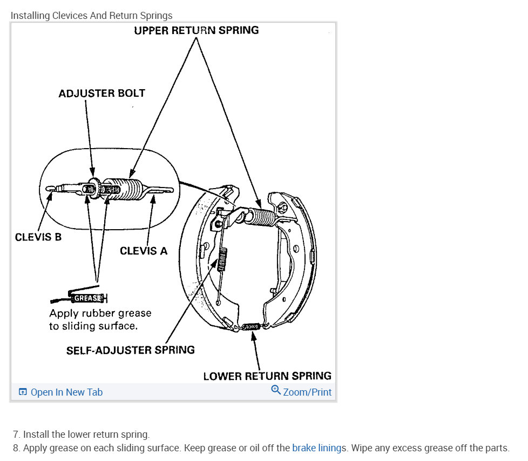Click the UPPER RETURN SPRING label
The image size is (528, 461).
[x=196, y=30]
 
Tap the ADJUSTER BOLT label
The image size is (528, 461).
[x=101, y=93]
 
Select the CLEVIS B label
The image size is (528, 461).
[x=38, y=237]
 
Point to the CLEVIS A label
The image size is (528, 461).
[x=144, y=251]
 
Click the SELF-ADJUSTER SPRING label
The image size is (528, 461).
[x=130, y=350]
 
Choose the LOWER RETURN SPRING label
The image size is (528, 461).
[x=267, y=376]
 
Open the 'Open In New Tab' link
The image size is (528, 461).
[x=66, y=392]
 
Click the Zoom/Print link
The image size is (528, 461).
[x=307, y=392]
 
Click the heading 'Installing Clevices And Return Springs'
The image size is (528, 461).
[x=91, y=15]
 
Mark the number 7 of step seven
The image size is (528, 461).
[x=16, y=435]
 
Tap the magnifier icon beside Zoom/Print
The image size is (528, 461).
[x=276, y=391]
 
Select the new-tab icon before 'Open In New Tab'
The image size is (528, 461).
[x=23, y=392]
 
